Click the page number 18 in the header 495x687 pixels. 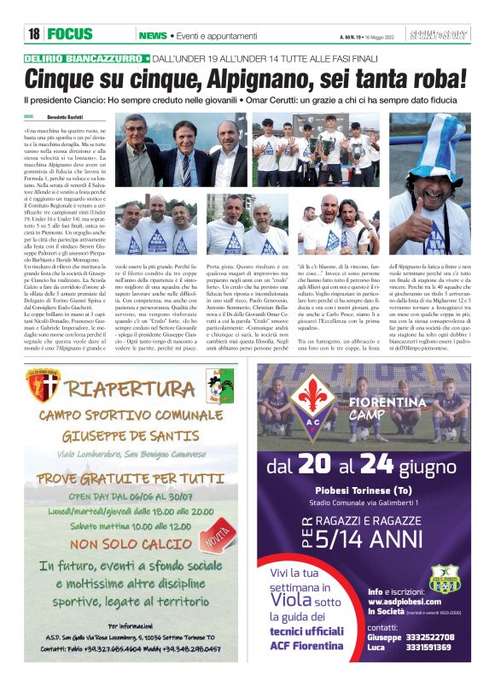[33, 35]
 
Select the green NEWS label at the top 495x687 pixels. [153, 36]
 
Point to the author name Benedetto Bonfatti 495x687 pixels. [70, 115]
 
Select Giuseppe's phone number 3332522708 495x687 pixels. [431, 636]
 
